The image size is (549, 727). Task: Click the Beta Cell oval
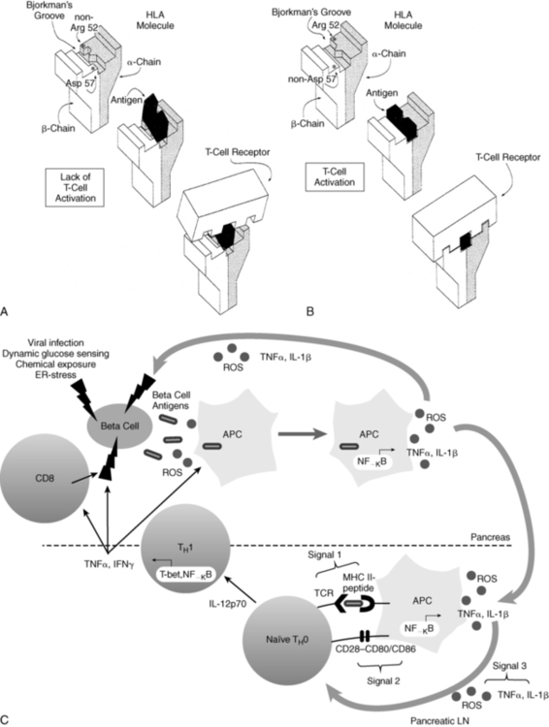coord(119,426)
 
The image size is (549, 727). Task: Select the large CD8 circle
coord(45,477)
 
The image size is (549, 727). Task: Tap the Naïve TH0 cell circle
coord(287,640)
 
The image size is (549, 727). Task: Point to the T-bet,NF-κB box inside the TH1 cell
coord(186,575)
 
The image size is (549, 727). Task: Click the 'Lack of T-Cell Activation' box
coord(76,187)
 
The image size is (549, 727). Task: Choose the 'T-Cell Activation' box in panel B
coord(334,176)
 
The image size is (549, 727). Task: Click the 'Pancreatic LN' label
coord(439,720)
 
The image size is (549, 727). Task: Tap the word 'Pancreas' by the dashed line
coord(490,537)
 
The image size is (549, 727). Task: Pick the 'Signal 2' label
coord(383,680)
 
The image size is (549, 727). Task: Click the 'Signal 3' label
coord(509,666)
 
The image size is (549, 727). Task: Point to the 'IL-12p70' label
coord(227,604)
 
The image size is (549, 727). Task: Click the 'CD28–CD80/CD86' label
coord(375,648)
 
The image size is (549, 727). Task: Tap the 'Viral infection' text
coord(55,343)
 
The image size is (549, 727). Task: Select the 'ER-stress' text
coord(55,374)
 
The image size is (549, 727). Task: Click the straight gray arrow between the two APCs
coord(302,434)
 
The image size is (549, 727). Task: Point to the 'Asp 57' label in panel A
coord(80,83)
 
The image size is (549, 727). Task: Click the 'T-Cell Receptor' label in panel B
coord(508,157)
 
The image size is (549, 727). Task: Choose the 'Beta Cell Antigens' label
coord(172,400)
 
